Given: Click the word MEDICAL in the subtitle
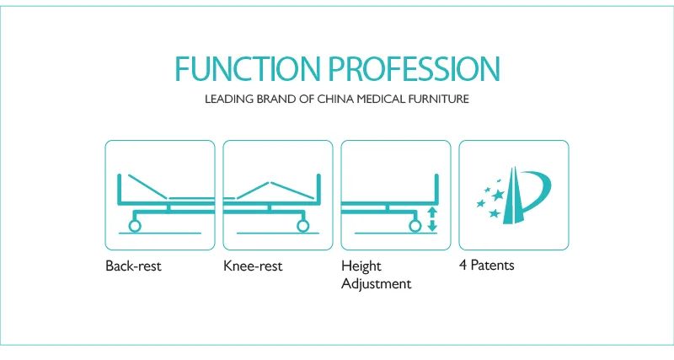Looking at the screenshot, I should (387, 99).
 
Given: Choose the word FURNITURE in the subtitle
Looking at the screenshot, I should (443, 99).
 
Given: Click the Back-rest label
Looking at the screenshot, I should (133, 266).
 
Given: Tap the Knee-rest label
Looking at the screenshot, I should (253, 266).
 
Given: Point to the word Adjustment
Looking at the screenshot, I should (376, 284).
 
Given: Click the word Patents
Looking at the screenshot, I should (491, 266).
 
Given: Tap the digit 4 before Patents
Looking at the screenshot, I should (463, 266).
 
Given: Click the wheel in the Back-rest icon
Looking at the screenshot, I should (134, 225).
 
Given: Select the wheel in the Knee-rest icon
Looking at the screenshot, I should (302, 225).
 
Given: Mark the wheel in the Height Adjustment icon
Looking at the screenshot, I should (414, 225).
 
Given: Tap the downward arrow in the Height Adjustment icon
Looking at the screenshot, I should (432, 225).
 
